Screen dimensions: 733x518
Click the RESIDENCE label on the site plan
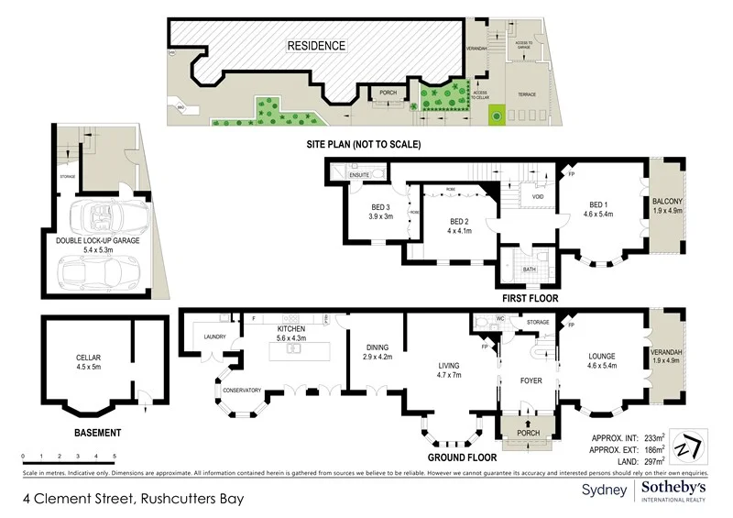(317, 46)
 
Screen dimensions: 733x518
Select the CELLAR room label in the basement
(88, 359)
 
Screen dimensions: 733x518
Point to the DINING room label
(377, 347)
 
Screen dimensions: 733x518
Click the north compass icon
(686, 446)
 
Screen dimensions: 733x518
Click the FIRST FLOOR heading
(529, 298)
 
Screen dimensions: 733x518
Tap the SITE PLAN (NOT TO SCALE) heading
(363, 145)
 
